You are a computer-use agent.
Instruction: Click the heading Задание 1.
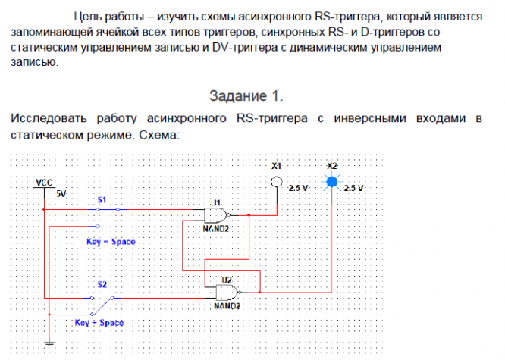click(x=246, y=96)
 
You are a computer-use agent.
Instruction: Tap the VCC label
click(x=44, y=183)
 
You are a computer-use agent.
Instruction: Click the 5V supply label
click(x=61, y=194)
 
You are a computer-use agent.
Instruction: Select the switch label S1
click(x=102, y=199)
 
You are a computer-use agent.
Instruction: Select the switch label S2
click(x=102, y=284)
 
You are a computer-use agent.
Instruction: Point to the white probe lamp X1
click(x=277, y=182)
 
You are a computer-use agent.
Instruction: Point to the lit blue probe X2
click(x=332, y=182)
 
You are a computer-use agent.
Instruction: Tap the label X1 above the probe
click(x=277, y=165)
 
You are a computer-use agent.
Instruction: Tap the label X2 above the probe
click(x=332, y=165)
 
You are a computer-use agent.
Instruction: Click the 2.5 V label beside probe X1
click(x=298, y=188)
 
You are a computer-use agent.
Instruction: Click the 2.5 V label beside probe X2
click(x=354, y=188)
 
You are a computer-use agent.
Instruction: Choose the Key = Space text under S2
click(x=99, y=322)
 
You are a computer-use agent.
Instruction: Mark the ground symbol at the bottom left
click(x=47, y=343)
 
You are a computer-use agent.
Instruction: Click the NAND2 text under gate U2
click(x=227, y=306)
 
